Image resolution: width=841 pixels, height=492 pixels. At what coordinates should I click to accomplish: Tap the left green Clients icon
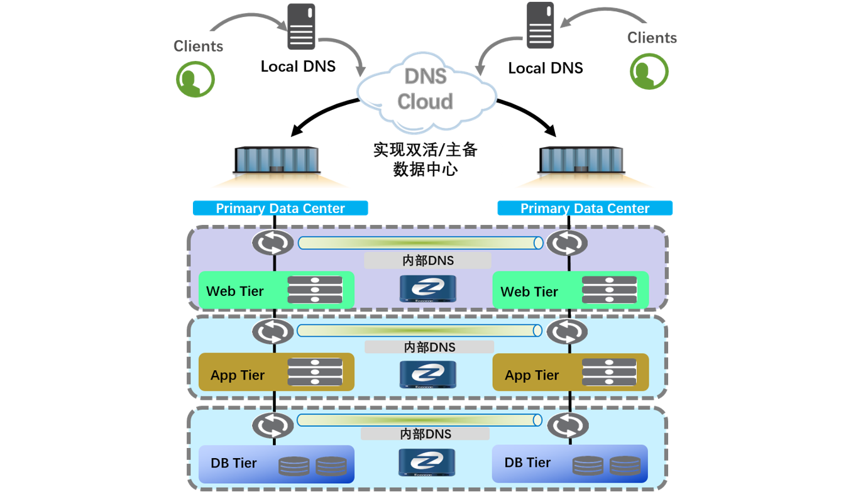point(195,79)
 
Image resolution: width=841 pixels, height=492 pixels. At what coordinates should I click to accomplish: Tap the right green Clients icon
point(649,71)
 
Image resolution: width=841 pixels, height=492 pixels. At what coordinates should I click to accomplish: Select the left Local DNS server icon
point(301,27)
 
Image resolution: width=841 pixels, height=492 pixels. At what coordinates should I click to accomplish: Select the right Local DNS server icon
point(541,25)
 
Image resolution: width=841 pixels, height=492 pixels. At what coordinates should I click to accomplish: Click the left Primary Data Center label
point(280,209)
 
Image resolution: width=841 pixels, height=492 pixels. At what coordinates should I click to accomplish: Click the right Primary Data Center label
point(585,209)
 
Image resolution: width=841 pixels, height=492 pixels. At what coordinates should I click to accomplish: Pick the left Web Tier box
point(277,290)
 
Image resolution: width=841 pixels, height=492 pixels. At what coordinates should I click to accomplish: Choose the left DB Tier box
point(277,464)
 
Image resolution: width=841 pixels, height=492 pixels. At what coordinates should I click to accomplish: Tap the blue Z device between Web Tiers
point(427,288)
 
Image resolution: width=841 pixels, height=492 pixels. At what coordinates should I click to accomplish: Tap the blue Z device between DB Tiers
point(427,463)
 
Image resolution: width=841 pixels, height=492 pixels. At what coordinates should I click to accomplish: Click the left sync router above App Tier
point(273,331)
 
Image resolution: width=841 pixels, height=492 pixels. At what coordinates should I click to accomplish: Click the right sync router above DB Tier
point(568,426)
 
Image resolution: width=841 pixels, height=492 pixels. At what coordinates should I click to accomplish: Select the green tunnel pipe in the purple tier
point(420,243)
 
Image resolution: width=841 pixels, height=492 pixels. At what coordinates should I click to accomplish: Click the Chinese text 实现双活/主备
point(426,150)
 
